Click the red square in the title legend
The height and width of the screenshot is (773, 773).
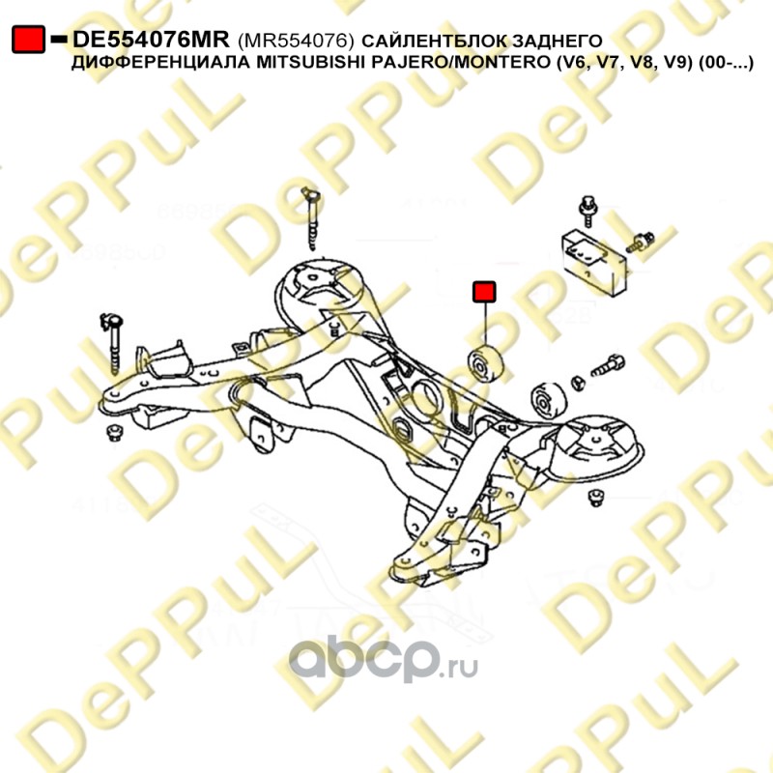[28, 39]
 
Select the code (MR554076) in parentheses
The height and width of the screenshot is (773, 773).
[296, 40]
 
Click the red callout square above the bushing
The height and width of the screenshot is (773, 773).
[483, 291]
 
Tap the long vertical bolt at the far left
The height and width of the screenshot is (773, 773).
[114, 341]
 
